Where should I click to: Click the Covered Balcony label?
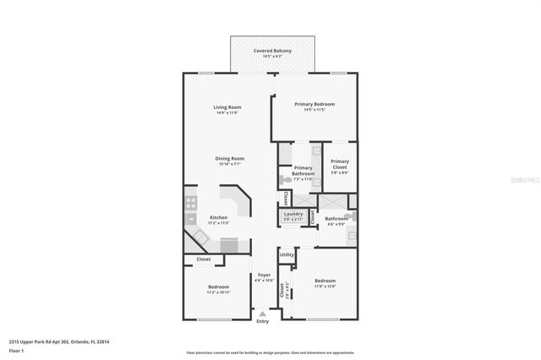pyautogui.click(x=272, y=51)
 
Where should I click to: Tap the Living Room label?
pyautogui.click(x=227, y=107)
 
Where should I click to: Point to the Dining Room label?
pyautogui.click(x=229, y=158)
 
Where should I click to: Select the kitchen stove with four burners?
pyautogui.click(x=190, y=202)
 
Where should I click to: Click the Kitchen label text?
pyautogui.click(x=218, y=218)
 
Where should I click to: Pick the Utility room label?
pyautogui.click(x=287, y=254)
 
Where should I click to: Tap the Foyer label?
pyautogui.click(x=264, y=275)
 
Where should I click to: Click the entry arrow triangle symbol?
pyautogui.click(x=263, y=313)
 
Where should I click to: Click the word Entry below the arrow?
pyautogui.click(x=263, y=321)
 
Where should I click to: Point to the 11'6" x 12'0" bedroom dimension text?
pyautogui.click(x=325, y=286)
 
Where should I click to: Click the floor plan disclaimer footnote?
pyautogui.click(x=270, y=352)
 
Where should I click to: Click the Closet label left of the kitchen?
pyautogui.click(x=204, y=259)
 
